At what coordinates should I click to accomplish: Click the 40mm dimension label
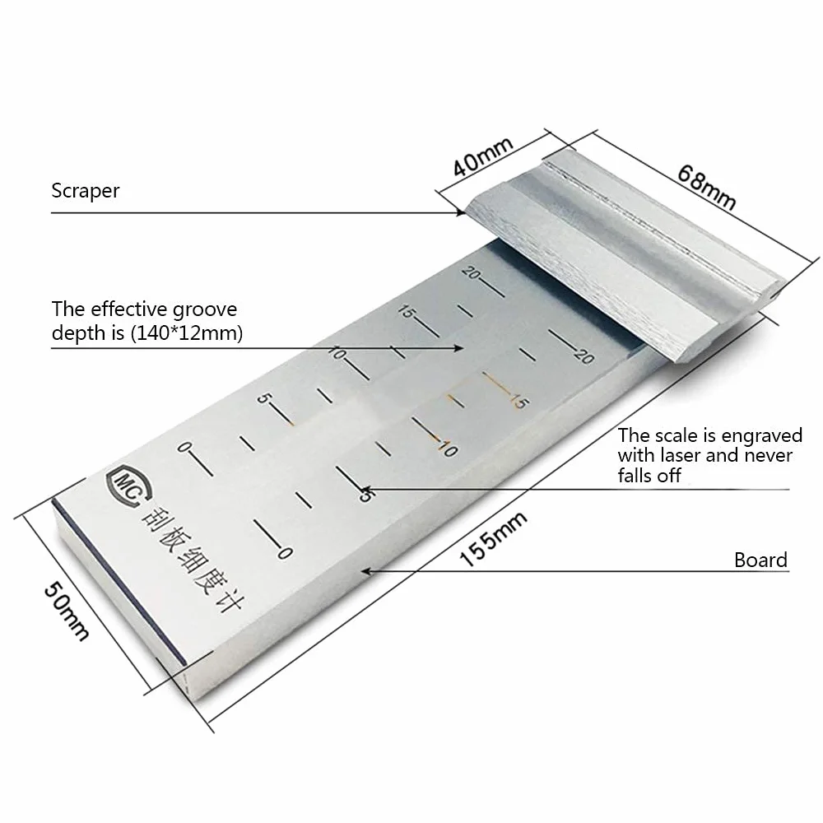(x=482, y=157)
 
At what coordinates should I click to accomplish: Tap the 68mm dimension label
(x=706, y=187)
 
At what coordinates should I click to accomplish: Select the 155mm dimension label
(x=493, y=539)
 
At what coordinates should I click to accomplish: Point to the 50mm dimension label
(x=66, y=611)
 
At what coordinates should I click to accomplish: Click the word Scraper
(x=86, y=191)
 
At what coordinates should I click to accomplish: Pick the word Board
(x=760, y=560)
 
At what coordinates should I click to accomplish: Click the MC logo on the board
(x=128, y=486)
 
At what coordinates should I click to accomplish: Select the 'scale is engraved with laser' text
(x=709, y=455)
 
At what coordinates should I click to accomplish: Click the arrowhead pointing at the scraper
(x=461, y=212)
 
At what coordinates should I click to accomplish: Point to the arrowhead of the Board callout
(x=367, y=571)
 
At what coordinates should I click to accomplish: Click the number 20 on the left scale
(x=472, y=273)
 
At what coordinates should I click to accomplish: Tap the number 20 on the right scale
(x=584, y=356)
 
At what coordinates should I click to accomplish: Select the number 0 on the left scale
(x=184, y=447)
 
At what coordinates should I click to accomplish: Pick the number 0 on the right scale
(x=285, y=553)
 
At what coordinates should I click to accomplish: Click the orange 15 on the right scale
(x=516, y=401)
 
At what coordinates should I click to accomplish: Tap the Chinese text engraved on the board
(x=192, y=560)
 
